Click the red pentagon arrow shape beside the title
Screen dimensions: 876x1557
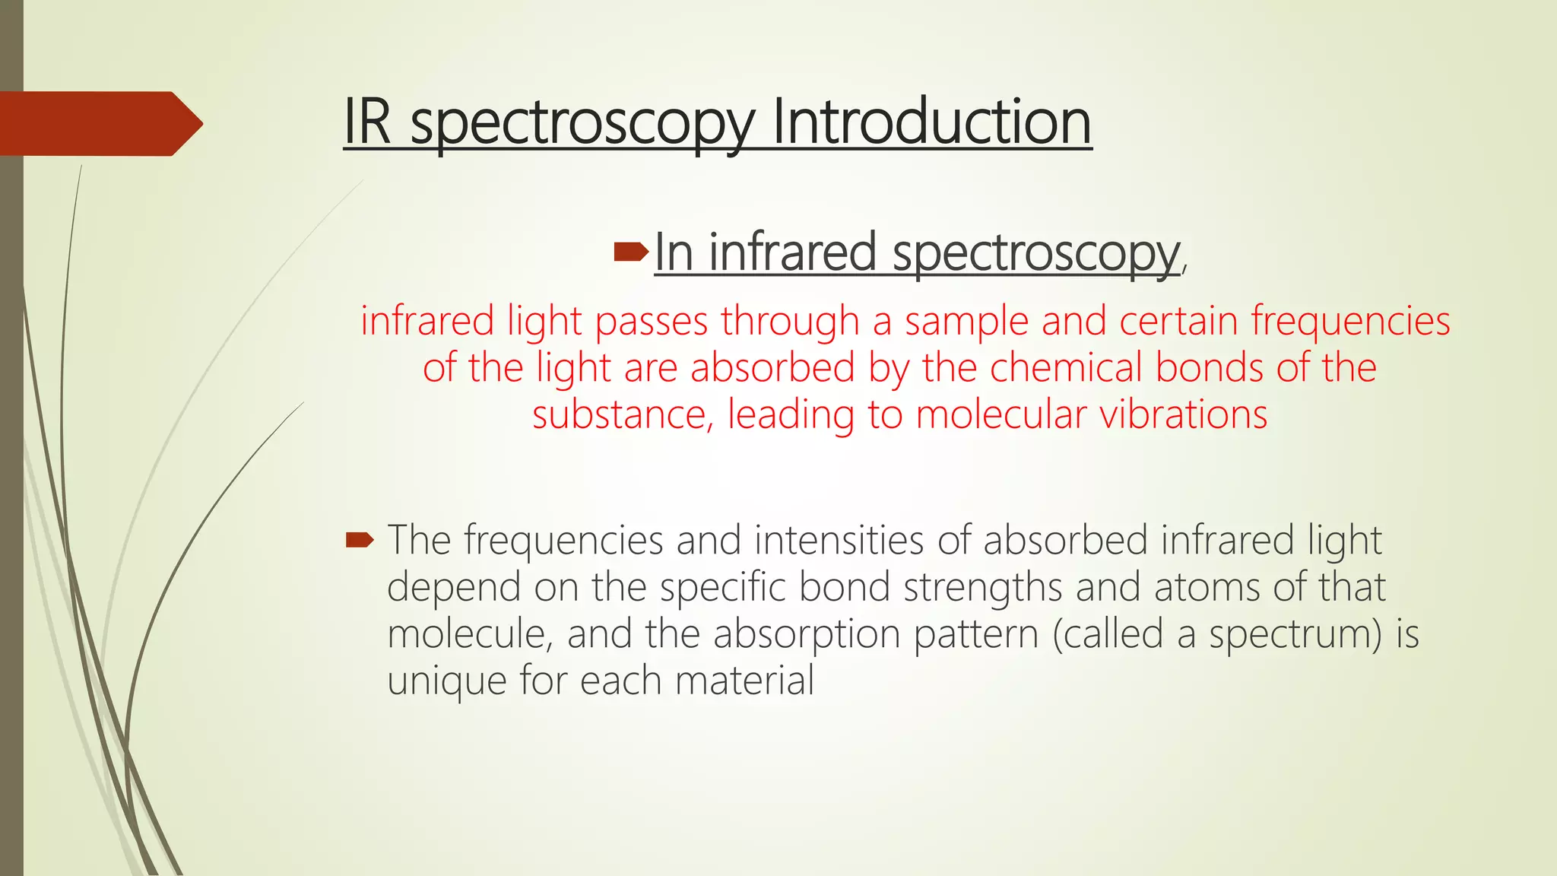[x=99, y=123]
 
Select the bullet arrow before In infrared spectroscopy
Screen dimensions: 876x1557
[x=630, y=252]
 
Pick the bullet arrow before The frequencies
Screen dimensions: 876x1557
[x=360, y=541]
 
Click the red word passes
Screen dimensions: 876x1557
[x=652, y=321]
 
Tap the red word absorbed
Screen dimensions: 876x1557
[x=772, y=368]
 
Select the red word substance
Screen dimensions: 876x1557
[x=622, y=415]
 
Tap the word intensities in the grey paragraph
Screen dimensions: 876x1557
[x=839, y=541]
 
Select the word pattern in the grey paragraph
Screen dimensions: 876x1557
[x=975, y=635]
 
